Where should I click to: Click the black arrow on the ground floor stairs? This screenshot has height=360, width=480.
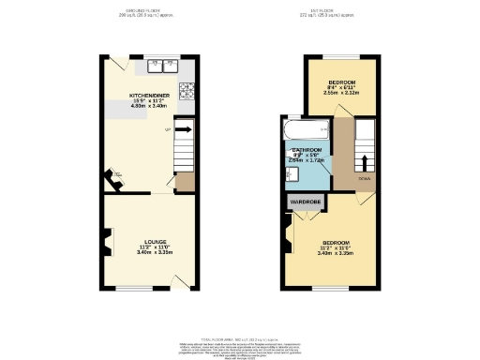(183, 130)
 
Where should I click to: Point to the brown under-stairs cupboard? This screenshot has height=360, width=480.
(185, 182)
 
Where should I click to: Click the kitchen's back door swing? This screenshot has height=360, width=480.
(116, 63)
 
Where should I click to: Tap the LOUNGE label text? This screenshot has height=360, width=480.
(150, 241)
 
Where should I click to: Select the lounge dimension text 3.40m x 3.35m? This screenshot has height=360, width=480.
(150, 252)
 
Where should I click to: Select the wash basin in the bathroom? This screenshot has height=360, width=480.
(286, 172)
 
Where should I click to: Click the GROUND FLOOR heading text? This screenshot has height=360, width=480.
(149, 11)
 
